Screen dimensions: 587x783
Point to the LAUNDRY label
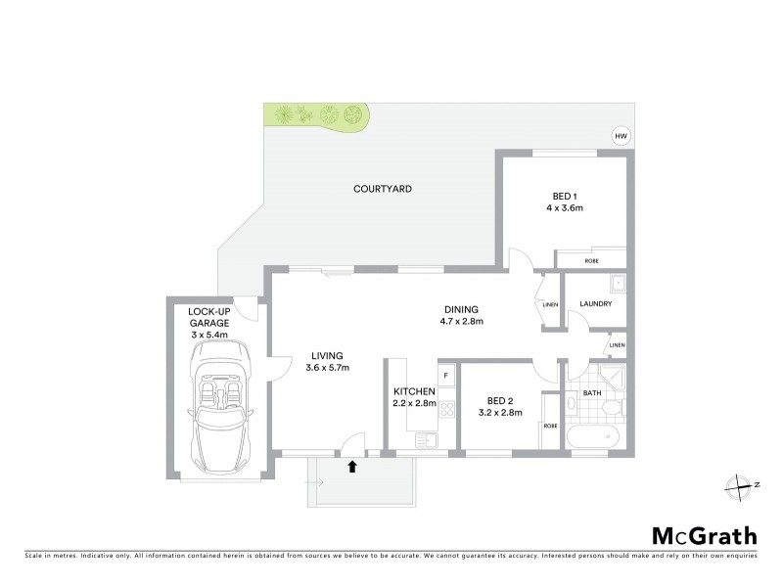coord(596,304)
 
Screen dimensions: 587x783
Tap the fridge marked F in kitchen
coord(445,375)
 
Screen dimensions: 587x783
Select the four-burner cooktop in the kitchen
coord(445,410)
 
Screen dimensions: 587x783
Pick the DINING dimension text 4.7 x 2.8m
coord(461,320)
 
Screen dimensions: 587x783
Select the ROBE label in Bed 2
coord(550,426)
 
